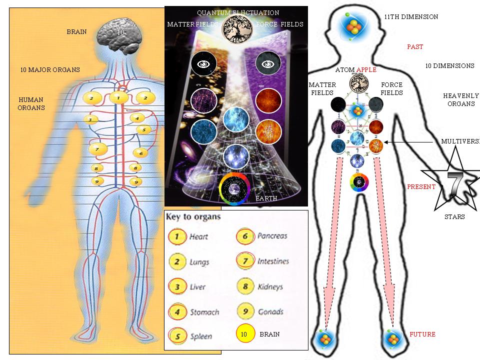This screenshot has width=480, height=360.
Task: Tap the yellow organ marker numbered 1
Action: [x=118, y=97]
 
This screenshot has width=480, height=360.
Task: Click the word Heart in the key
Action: [x=198, y=236]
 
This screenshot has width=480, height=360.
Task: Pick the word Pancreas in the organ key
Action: [x=272, y=236]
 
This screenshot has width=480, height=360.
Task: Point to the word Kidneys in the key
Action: [x=270, y=286]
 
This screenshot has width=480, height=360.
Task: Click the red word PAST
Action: [x=415, y=47]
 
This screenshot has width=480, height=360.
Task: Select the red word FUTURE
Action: [x=422, y=334]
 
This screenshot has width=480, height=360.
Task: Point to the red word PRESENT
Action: [x=421, y=187]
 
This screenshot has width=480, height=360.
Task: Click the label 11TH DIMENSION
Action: [x=411, y=17]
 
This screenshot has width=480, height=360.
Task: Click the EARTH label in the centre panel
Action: [x=266, y=198]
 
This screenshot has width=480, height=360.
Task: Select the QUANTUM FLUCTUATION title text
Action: [x=238, y=13]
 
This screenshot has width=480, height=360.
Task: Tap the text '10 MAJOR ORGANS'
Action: [x=50, y=69]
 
